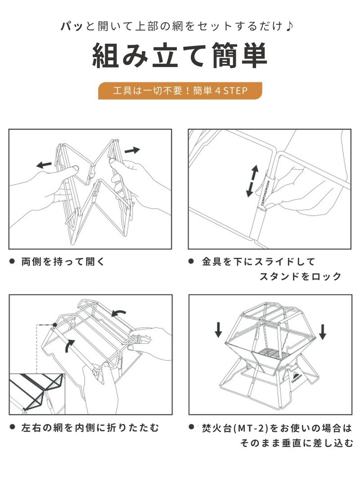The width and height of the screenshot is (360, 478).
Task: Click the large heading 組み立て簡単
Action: point(180,55)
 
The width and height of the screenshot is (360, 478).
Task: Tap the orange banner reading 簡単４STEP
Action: point(180,90)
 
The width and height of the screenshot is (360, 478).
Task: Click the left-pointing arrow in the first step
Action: point(44,165)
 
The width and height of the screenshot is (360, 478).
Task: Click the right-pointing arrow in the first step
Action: point(132,150)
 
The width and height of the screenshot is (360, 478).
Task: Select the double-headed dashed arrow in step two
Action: point(252,181)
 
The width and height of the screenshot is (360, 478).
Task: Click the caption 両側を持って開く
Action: point(63,262)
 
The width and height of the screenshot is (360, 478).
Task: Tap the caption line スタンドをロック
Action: point(300,276)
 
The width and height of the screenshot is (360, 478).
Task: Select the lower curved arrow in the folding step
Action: point(69,346)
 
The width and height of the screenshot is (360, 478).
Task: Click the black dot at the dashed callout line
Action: point(54,325)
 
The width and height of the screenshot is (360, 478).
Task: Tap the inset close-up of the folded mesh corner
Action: point(37,394)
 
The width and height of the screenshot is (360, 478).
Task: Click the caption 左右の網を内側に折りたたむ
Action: point(90,428)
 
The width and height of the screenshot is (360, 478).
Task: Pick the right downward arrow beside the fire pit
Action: point(323,332)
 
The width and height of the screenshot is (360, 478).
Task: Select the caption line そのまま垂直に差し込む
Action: point(297,442)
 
